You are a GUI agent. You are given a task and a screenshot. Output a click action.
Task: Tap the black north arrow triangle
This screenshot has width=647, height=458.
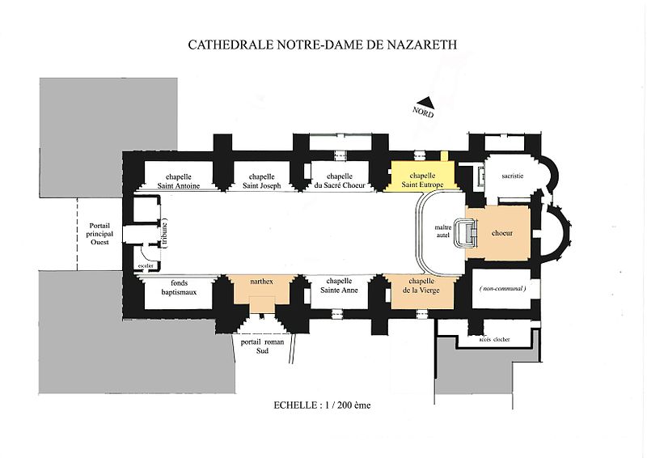pyautogui.click(x=429, y=103)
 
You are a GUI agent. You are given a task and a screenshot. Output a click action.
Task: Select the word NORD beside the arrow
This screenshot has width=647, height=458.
pyautogui.click(x=421, y=114)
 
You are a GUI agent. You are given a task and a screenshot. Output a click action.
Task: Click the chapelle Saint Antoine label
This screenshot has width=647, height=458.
pyautogui.click(x=179, y=180)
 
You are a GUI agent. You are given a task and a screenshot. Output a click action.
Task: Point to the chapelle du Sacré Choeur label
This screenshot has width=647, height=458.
pyautogui.click(x=339, y=180)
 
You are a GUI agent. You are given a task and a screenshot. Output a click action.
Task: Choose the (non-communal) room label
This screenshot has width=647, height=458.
pyautogui.click(x=502, y=288)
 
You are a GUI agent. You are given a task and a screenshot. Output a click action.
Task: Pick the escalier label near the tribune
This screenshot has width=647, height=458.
pyautogui.click(x=146, y=265)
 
